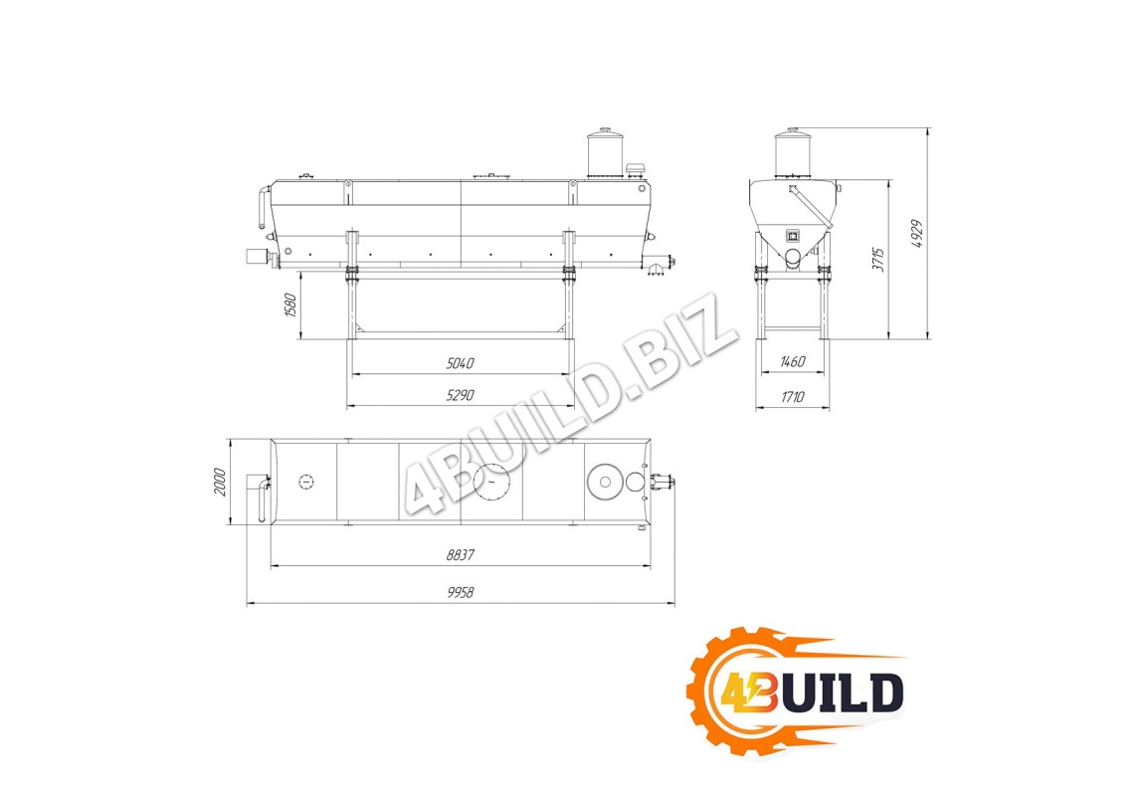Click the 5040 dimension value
click(x=461, y=362)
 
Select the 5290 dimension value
click(x=461, y=395)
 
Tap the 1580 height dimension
click(x=290, y=305)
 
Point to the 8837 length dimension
click(x=461, y=554)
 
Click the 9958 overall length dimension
click(x=461, y=592)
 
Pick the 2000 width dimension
click(x=220, y=483)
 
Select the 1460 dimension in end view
click(x=792, y=362)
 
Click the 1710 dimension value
click(x=792, y=397)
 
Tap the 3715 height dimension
click(x=879, y=260)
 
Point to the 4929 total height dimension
click(x=918, y=234)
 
